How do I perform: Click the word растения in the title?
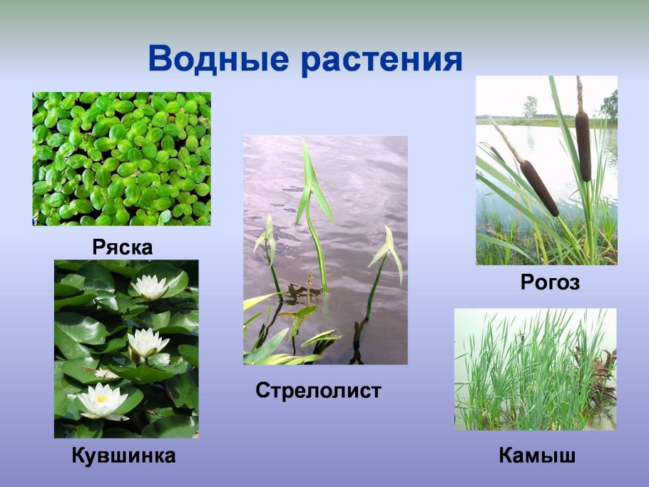click(382, 60)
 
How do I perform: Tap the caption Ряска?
click(123, 247)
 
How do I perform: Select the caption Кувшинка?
click(123, 456)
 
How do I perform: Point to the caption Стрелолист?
click(319, 391)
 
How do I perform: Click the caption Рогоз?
click(550, 283)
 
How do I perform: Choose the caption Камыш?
click(536, 456)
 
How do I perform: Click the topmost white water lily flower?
click(150, 287)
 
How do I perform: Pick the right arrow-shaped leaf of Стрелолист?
click(389, 250)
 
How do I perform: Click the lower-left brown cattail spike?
click(539, 188)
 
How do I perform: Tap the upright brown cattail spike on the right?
click(583, 145)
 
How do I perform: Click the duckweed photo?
click(121, 158)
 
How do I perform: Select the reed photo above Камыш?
click(535, 369)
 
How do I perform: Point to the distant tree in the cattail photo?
click(531, 107)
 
